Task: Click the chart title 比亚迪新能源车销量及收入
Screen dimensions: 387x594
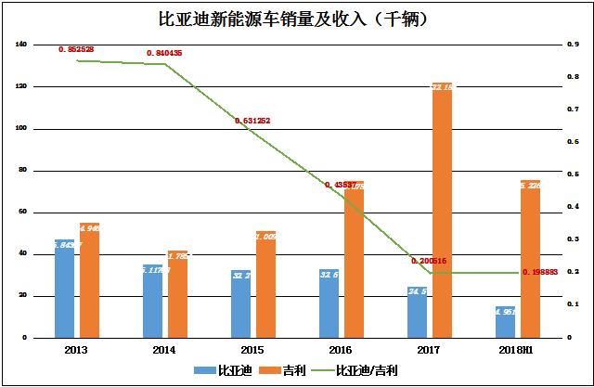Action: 297,18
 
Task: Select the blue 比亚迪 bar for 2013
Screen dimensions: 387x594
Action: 65,289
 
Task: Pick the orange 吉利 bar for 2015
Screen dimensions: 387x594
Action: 265,284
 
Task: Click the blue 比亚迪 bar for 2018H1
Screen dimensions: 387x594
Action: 506,322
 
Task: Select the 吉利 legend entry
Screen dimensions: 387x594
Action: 284,370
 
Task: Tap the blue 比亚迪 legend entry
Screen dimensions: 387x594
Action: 224,370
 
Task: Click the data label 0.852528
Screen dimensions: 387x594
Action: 76,48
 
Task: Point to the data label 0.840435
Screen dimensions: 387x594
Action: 164,53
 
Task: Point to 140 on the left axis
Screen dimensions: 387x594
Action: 21,45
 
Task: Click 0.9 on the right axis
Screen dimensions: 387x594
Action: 575,45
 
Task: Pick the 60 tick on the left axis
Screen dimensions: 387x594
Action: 23,213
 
